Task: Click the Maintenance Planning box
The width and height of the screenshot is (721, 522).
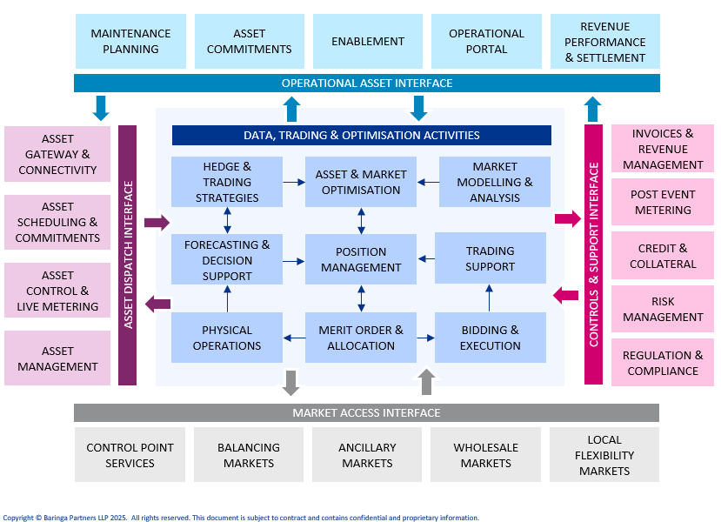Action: point(130,41)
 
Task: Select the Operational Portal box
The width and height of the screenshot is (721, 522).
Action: point(486,41)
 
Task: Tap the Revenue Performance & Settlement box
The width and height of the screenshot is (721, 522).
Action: point(605,42)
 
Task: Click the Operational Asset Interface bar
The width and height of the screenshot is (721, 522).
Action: point(366,83)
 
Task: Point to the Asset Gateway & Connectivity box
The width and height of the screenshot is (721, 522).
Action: point(57,154)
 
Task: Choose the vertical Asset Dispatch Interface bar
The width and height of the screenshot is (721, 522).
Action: point(128,255)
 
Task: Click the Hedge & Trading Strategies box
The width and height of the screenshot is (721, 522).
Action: point(227,182)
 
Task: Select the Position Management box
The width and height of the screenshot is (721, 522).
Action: point(361,259)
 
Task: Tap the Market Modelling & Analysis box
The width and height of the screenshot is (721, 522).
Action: point(495,182)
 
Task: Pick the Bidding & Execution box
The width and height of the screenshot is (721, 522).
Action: point(491,338)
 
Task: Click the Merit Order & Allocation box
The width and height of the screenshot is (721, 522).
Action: point(361,338)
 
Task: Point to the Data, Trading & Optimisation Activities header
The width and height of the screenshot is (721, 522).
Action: point(361,135)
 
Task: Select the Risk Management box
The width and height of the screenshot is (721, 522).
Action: point(663,309)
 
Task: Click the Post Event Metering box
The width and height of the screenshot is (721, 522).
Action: point(663,202)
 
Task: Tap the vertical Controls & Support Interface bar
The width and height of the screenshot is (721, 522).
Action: point(593,254)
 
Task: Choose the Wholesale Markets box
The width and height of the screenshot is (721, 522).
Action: point(485,455)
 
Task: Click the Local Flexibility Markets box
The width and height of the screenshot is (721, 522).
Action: point(604,455)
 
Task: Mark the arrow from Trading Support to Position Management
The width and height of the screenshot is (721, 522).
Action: point(426,258)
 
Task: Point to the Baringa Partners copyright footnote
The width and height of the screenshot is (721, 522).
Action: point(241,518)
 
